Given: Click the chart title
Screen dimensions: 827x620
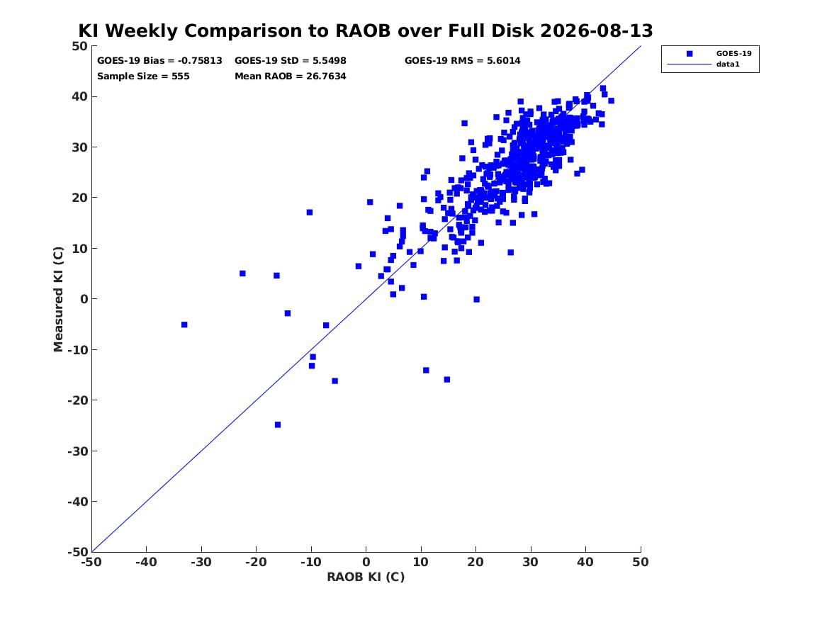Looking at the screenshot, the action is coord(366,30).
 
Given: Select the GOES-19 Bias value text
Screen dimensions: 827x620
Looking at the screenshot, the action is coord(160,61).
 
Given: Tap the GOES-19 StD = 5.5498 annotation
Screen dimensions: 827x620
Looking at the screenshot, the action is coord(291,61).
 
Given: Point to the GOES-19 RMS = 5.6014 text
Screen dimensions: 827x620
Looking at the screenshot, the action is coord(463,61).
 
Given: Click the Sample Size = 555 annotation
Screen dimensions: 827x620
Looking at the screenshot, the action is coord(143,76).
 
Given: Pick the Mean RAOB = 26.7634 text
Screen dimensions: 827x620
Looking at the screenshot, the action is coord(291,76).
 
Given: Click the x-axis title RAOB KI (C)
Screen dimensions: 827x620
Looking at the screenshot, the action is coord(366,577).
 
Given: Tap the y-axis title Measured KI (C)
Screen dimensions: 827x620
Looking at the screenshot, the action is coord(58,299).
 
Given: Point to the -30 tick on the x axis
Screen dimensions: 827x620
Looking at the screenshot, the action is coord(201,562).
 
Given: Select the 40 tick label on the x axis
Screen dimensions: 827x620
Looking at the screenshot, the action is coord(585,562).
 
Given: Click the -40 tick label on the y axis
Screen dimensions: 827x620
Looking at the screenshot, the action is coord(77,502).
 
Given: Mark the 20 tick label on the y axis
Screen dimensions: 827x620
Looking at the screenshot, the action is coord(79,198).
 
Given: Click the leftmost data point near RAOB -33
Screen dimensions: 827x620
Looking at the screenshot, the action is coord(184,325).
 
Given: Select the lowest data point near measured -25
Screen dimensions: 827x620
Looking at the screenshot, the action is coord(278,425).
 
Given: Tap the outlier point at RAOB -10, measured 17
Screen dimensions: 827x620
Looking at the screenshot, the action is coord(310,213).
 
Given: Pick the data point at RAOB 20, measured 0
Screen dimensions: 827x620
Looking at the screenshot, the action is coord(477,300).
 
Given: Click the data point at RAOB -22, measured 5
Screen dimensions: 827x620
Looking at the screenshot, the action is coord(242,274).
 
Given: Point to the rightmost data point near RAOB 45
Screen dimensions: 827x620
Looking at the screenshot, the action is coord(612,101).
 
